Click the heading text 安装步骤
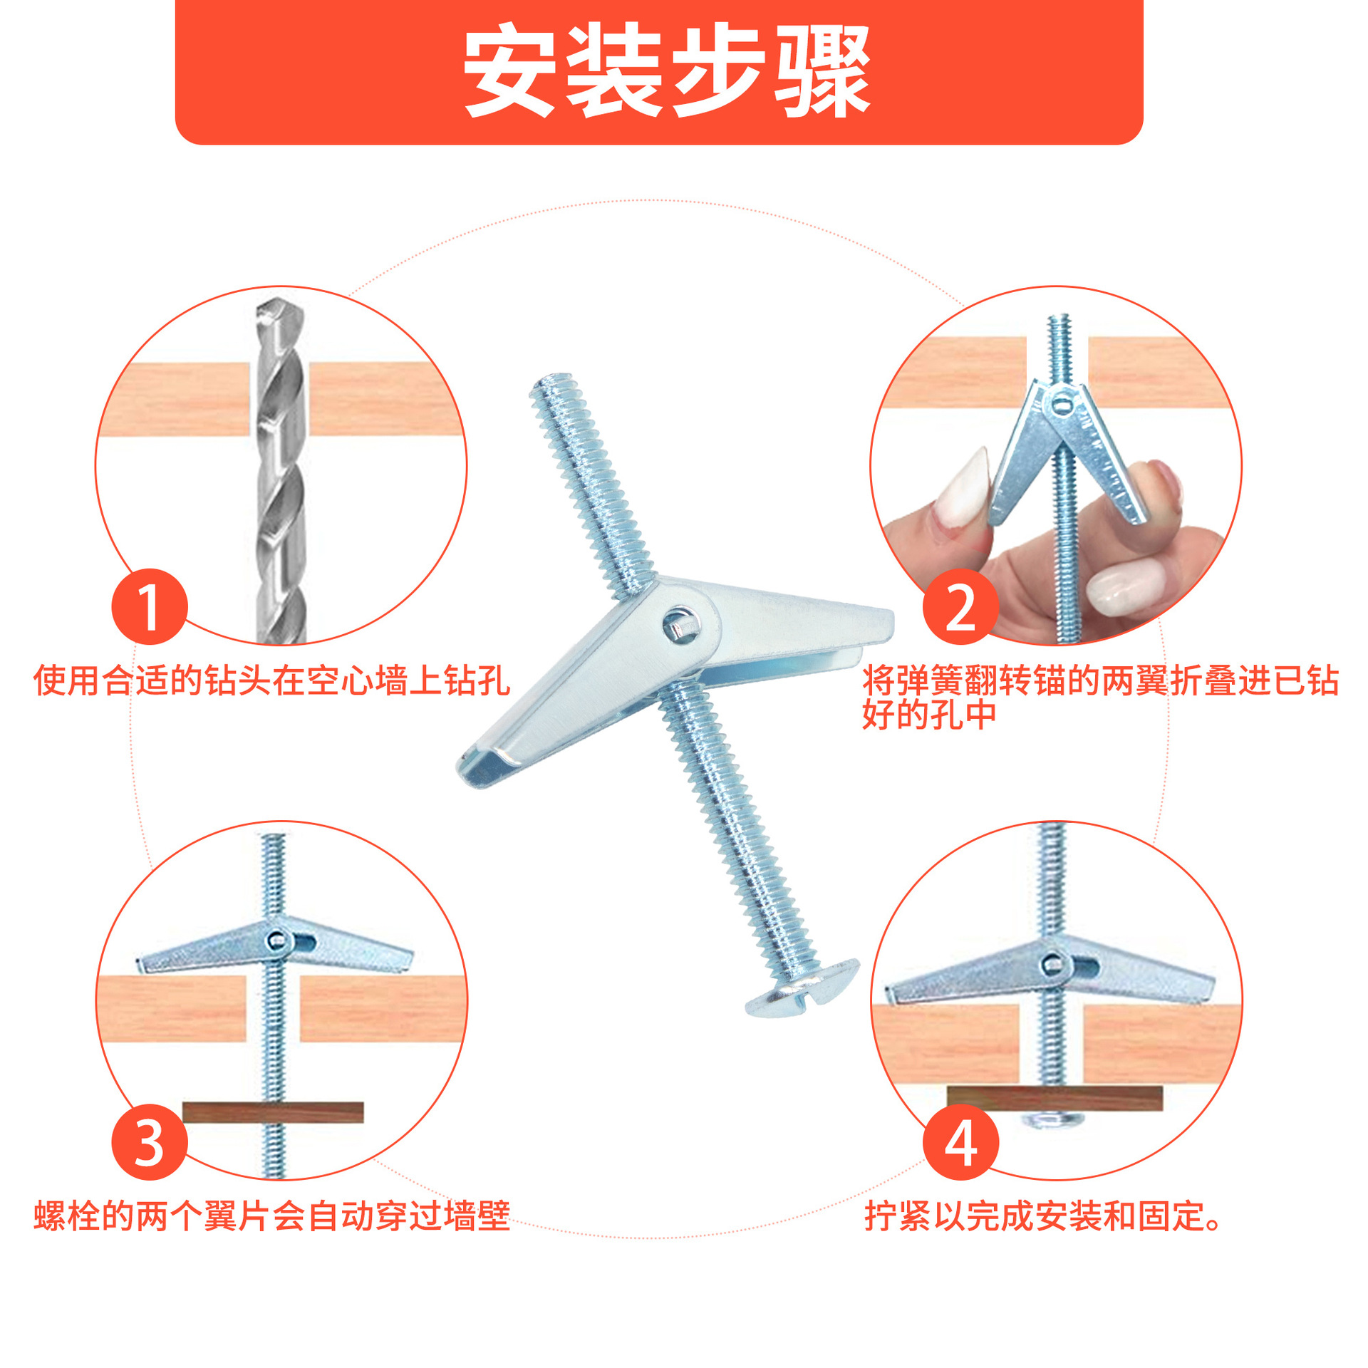pos(667,71)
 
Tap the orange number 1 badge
pos(150,606)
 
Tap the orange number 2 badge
pos(960,606)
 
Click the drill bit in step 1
pos(281,470)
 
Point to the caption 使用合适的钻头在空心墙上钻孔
pos(272,680)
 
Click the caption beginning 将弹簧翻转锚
pos(1101,698)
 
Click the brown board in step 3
pos(273,1112)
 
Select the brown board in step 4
pos(1054,1099)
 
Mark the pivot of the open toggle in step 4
pos(1053,965)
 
